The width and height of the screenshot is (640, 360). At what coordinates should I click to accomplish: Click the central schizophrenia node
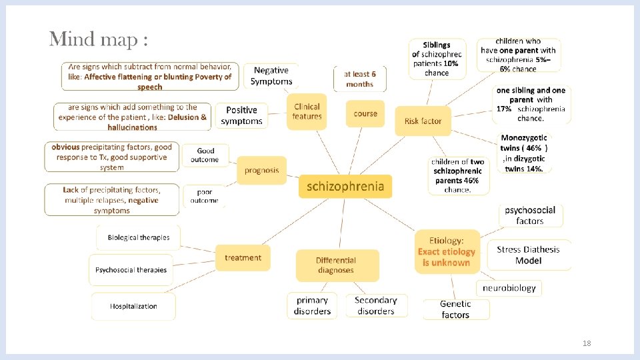tap(345, 186)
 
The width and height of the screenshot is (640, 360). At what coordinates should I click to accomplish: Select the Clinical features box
tap(307, 111)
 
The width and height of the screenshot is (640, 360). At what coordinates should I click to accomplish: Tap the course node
tap(365, 113)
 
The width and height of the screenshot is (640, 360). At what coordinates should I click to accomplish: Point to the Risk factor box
tap(423, 121)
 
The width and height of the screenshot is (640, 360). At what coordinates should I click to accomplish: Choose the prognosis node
tap(261, 170)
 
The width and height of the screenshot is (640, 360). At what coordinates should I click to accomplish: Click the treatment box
tap(243, 257)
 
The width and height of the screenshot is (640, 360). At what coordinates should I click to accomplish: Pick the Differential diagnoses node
tap(336, 265)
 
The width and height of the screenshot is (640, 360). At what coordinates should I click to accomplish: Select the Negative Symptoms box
tap(271, 75)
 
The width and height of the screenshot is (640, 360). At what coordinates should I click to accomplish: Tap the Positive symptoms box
tap(241, 115)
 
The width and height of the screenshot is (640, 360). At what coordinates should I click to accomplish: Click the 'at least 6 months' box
tap(360, 79)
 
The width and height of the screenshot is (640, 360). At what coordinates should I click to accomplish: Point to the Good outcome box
tap(205, 155)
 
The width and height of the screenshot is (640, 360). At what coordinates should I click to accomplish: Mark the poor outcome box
tap(204, 195)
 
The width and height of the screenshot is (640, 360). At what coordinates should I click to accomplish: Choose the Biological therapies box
tap(139, 237)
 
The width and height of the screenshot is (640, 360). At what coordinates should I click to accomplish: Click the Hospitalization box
tap(133, 306)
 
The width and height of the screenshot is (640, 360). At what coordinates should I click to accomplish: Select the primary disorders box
tap(312, 305)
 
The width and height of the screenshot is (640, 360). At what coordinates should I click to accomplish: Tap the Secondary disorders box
tap(376, 305)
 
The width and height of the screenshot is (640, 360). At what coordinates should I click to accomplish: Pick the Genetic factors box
tap(455, 309)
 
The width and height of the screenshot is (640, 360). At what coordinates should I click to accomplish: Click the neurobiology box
tap(509, 288)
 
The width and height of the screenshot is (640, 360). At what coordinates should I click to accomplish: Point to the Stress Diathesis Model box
tap(528, 255)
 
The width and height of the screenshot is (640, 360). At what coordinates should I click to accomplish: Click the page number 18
tap(587, 343)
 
